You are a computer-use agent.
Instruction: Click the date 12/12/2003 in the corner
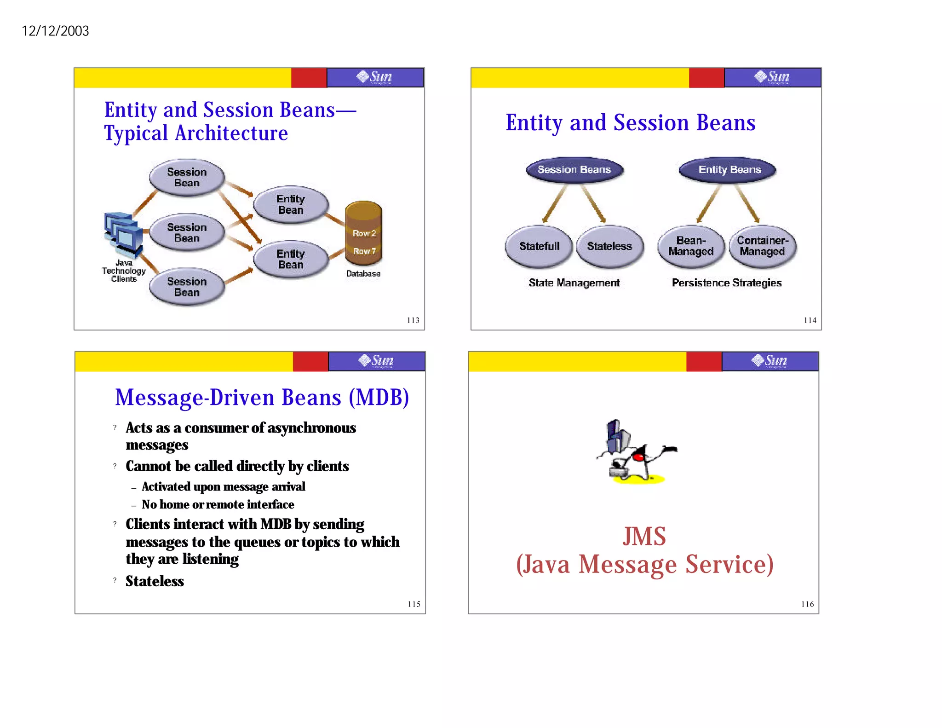click(55, 31)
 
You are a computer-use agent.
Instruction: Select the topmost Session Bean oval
click(187, 178)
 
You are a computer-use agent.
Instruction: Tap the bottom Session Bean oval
click(187, 287)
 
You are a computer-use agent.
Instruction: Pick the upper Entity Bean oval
click(291, 204)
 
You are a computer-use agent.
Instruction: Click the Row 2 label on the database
click(364, 233)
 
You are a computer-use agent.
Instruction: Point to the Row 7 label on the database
click(364, 251)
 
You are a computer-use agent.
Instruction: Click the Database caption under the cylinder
click(363, 274)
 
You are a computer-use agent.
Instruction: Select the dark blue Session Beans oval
click(574, 170)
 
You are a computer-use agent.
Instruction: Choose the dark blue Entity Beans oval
click(729, 170)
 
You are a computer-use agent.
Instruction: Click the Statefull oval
click(539, 246)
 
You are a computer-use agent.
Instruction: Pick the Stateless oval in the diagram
click(609, 246)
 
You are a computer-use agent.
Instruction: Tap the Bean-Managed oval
click(690, 246)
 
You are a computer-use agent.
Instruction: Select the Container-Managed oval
click(762, 246)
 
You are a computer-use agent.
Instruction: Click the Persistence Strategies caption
click(726, 283)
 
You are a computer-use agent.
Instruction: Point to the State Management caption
click(574, 283)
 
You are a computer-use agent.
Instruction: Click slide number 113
click(413, 320)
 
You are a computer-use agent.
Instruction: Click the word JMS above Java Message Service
click(644, 537)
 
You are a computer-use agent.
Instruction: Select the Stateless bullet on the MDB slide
click(155, 581)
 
